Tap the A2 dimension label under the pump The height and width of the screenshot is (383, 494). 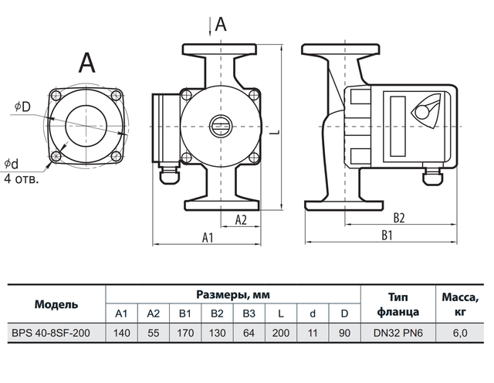pyautogui.click(x=240, y=219)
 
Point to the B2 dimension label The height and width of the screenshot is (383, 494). pyautogui.click(x=398, y=218)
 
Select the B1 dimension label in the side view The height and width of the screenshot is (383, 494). pyautogui.click(x=388, y=236)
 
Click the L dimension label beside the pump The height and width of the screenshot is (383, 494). pyautogui.click(x=275, y=132)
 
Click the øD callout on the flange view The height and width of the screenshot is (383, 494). pyautogui.click(x=22, y=106)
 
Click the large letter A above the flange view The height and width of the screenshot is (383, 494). pyautogui.click(x=86, y=61)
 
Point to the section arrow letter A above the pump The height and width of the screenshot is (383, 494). pyautogui.click(x=222, y=24)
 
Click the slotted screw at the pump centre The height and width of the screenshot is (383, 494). pyautogui.click(x=221, y=124)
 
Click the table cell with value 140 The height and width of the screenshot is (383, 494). pyautogui.click(x=120, y=334)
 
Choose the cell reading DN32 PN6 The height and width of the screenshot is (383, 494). pyautogui.click(x=398, y=334)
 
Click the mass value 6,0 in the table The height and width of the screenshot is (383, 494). pyautogui.click(x=461, y=334)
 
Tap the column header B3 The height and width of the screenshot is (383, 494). pyautogui.click(x=248, y=314)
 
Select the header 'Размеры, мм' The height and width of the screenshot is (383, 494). pyautogui.click(x=232, y=294)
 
